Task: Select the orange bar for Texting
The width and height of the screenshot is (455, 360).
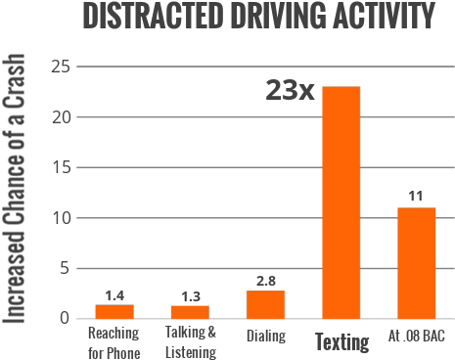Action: tap(341, 202)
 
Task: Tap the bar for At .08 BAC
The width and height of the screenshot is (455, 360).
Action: tap(416, 262)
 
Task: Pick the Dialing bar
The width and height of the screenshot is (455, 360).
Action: tap(265, 303)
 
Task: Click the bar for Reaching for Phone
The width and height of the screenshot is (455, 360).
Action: tap(114, 311)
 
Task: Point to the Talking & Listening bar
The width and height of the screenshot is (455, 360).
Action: tap(190, 311)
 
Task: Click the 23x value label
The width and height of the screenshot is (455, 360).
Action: tap(290, 91)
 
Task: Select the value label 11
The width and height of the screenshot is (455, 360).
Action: tap(416, 197)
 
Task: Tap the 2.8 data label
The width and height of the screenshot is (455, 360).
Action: tap(265, 281)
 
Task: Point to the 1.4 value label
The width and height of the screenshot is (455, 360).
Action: tap(114, 294)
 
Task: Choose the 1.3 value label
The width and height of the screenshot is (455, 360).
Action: tap(190, 295)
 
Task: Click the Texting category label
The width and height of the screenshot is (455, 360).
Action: tap(341, 341)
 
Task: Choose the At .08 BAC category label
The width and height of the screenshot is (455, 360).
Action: tap(416, 337)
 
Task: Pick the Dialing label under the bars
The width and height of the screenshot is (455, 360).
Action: tap(265, 337)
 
